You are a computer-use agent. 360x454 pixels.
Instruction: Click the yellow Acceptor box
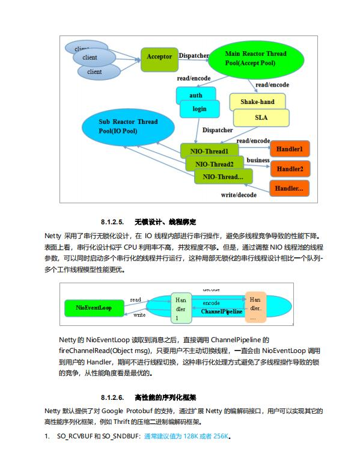(x=159, y=57)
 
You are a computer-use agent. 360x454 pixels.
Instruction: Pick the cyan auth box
(x=195, y=95)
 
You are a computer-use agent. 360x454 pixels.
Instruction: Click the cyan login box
(x=199, y=109)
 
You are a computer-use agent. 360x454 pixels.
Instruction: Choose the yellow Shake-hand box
(x=257, y=102)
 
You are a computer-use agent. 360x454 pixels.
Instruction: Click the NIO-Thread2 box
(x=215, y=164)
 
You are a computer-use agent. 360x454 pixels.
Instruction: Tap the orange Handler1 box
(x=290, y=149)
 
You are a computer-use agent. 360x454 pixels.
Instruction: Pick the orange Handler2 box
(x=290, y=169)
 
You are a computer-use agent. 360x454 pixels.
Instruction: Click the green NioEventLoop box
(x=94, y=308)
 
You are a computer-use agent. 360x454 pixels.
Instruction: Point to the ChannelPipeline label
(x=222, y=312)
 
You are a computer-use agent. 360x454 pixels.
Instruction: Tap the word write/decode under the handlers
(x=239, y=195)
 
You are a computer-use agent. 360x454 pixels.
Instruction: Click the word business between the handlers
(x=258, y=160)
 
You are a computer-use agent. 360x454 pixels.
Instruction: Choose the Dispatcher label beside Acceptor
(x=194, y=56)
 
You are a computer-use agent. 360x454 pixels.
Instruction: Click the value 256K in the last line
(x=220, y=436)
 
